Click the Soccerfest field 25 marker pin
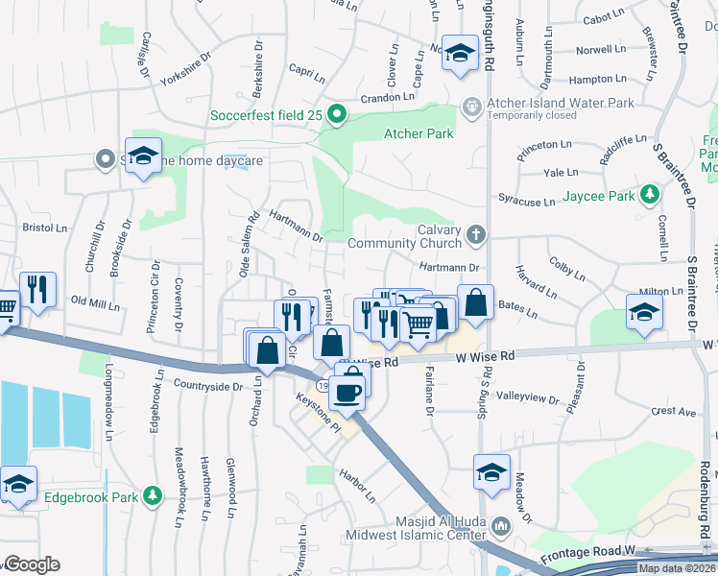pos(336,116)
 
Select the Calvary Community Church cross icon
pos(474,233)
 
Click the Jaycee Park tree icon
pos(651,195)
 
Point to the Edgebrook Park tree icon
pos(151,495)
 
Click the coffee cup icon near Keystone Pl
pos(351,390)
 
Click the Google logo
pos(31,564)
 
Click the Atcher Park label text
pos(419,133)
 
